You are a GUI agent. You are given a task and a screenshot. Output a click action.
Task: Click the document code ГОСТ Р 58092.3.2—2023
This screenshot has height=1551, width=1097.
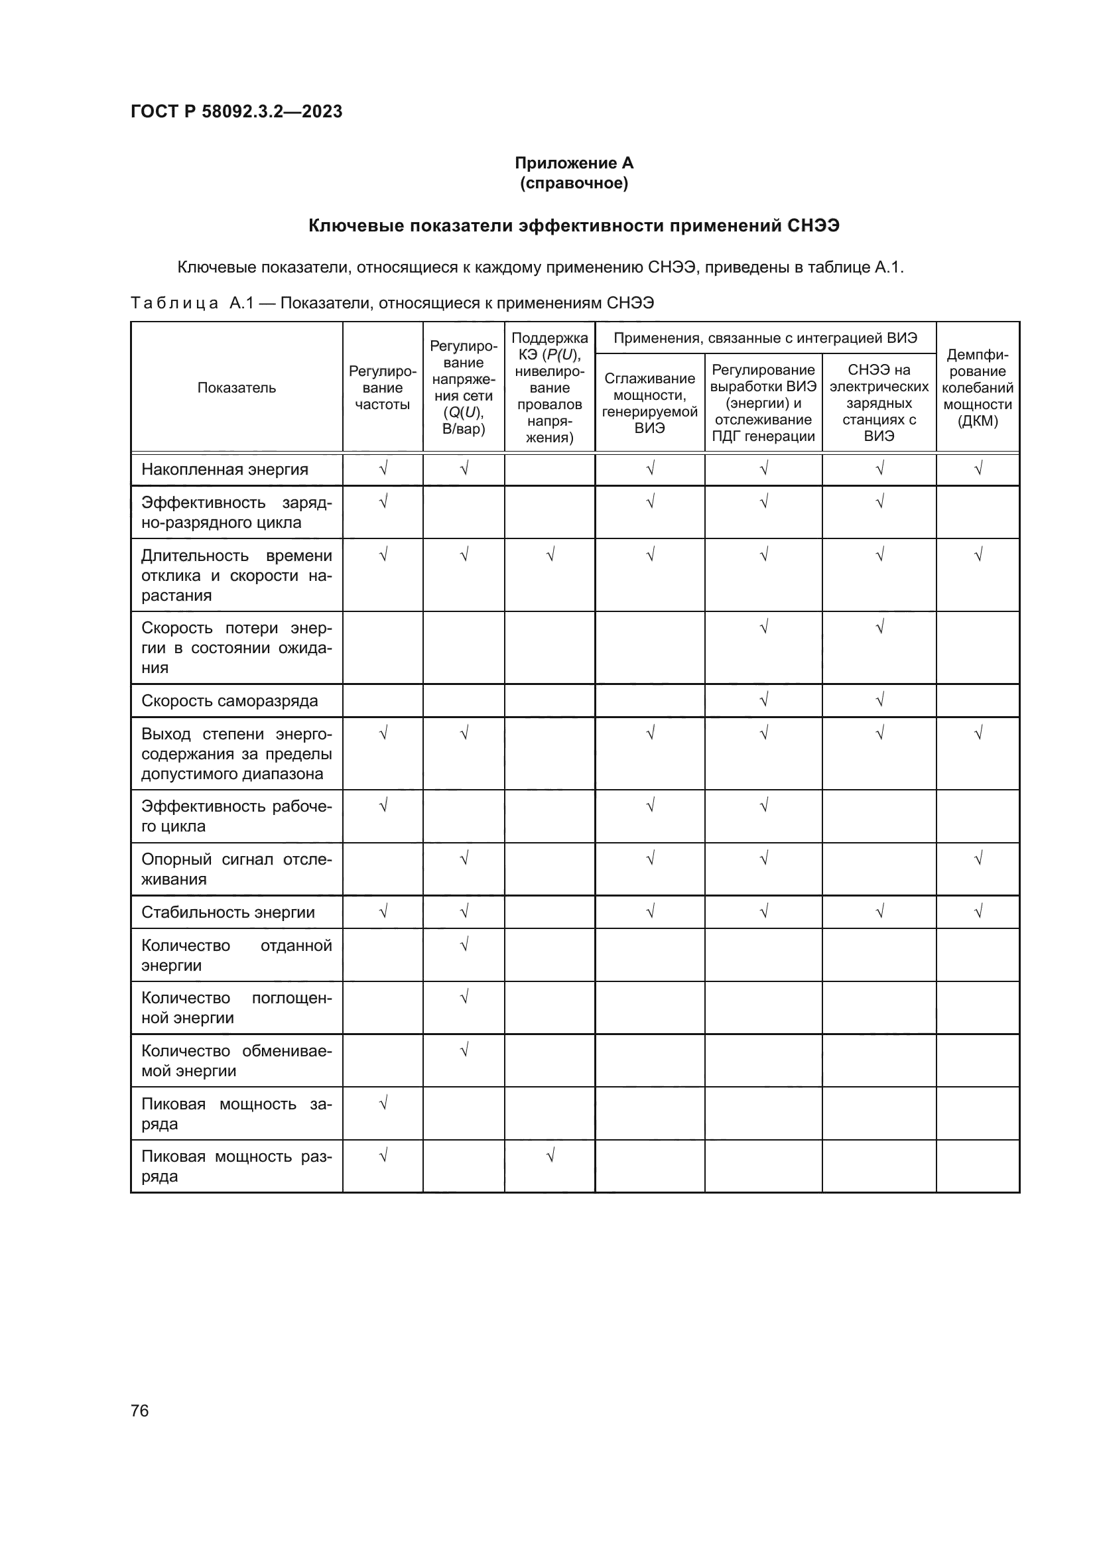pos(236,111)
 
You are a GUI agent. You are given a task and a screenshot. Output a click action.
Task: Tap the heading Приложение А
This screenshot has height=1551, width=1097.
pos(574,163)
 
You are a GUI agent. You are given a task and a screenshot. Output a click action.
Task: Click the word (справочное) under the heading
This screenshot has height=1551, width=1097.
pos(574,183)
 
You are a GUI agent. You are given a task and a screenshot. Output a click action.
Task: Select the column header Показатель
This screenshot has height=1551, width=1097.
pos(236,388)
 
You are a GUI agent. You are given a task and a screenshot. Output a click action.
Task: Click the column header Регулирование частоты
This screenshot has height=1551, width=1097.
pos(382,388)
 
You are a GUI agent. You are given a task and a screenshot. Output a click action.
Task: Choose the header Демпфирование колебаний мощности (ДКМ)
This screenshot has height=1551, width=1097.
pos(978,388)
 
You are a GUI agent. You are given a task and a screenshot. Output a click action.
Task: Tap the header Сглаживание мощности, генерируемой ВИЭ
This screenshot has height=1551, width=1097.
pos(649,403)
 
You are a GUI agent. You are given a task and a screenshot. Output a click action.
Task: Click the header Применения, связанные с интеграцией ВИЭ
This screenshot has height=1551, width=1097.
pos(765,338)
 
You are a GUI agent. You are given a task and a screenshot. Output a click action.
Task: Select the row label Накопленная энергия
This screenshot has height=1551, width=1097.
pos(224,469)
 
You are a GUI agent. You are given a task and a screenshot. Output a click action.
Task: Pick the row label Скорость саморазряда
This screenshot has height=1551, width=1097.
pos(229,700)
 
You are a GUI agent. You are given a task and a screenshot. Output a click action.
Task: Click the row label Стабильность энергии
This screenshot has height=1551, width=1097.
pos(227,912)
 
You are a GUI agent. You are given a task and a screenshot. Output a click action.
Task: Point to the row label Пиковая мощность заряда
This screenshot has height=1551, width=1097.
pos(235,1113)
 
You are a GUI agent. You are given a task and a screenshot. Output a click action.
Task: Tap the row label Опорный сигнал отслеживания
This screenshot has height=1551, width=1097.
pos(235,869)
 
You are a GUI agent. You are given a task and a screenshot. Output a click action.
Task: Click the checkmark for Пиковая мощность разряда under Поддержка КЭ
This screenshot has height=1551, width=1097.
pos(550,1156)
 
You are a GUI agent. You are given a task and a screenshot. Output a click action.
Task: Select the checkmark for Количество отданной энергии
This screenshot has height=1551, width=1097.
pos(464,944)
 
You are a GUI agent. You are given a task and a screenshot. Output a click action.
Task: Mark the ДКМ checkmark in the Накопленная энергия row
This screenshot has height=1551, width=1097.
pos(978,468)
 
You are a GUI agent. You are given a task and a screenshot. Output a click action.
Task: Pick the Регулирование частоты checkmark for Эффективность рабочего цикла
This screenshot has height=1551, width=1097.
pos(383,805)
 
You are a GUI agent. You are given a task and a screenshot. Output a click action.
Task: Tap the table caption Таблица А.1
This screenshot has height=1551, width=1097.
pos(392,303)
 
